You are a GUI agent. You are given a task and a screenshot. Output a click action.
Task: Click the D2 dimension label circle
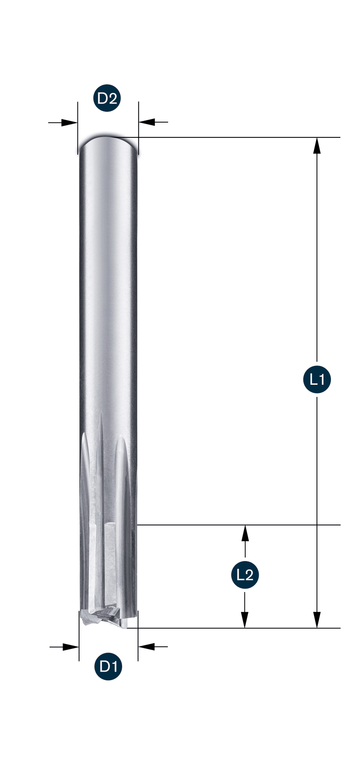(x=107, y=98)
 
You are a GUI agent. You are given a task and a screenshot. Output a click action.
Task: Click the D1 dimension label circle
(x=108, y=666)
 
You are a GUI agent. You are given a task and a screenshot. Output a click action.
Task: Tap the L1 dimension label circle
(x=317, y=380)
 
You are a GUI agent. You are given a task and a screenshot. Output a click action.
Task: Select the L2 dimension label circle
(x=245, y=575)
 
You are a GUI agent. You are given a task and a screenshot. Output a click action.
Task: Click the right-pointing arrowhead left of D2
(x=70, y=123)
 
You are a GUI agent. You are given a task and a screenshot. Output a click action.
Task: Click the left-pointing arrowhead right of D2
(x=147, y=123)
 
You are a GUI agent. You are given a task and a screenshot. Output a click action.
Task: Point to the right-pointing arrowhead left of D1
(x=71, y=647)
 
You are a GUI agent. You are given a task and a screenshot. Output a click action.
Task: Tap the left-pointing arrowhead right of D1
(x=147, y=647)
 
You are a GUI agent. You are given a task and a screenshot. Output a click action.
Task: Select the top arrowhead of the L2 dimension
(x=245, y=533)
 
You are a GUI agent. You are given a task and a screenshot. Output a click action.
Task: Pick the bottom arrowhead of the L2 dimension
(x=245, y=620)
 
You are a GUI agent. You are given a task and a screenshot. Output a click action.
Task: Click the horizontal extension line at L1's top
(x=239, y=137)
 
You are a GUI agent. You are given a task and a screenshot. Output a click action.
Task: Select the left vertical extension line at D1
(x=79, y=639)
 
